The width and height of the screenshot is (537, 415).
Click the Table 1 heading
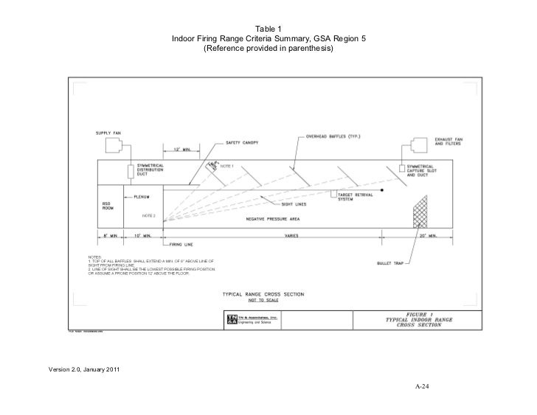point(268,29)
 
